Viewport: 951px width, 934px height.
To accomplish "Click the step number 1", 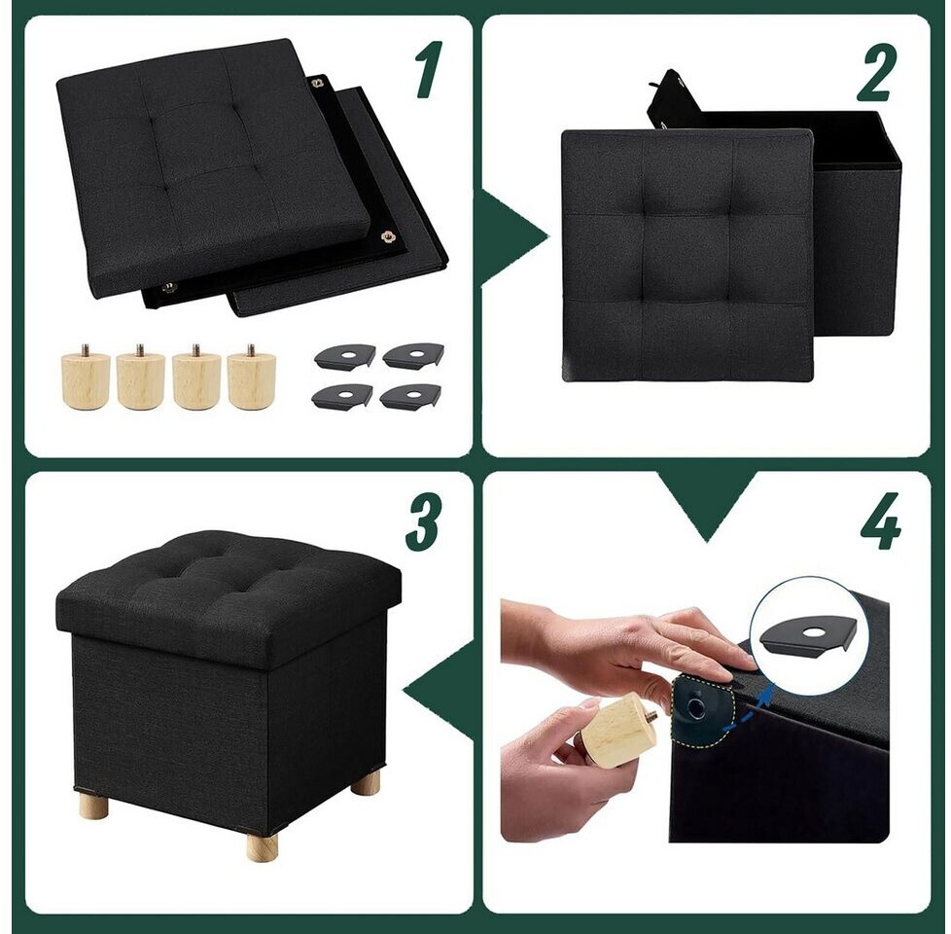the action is click(430, 69).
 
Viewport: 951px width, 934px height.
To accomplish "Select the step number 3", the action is click(423, 521).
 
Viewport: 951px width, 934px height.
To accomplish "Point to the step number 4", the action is click(881, 521).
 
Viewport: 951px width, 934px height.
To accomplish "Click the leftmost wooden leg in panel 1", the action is click(86, 377).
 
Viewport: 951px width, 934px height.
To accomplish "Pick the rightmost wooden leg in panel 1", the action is click(251, 377).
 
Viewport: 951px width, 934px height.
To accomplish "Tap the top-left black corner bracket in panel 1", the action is click(343, 356).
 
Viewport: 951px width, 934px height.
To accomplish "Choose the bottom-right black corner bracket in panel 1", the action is click(410, 396).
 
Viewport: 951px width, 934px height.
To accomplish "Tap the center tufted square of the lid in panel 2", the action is click(687, 259).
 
